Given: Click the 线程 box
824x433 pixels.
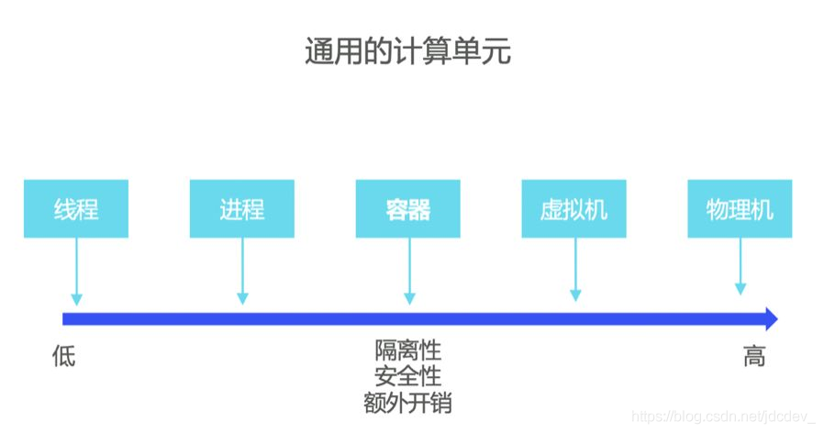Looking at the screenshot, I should click(x=76, y=209).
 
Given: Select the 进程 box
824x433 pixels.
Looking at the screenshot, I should click(x=242, y=209).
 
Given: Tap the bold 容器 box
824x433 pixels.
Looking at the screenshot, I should click(x=408, y=209).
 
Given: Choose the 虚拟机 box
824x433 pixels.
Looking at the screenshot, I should click(x=574, y=209).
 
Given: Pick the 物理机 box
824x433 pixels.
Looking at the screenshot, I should click(x=740, y=209).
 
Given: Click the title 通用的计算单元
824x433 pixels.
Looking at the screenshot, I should click(x=407, y=52).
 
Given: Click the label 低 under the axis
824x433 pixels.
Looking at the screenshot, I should click(x=63, y=356).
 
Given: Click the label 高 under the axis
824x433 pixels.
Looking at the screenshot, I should click(x=753, y=356).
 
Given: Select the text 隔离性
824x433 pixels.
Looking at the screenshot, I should click(x=407, y=350).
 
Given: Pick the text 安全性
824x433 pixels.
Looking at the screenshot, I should click(x=407, y=376).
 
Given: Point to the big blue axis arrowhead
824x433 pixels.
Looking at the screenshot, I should click(x=770, y=319).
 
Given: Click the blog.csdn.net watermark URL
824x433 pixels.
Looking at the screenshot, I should click(x=725, y=417).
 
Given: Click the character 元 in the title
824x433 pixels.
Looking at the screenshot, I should click(x=496, y=52).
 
